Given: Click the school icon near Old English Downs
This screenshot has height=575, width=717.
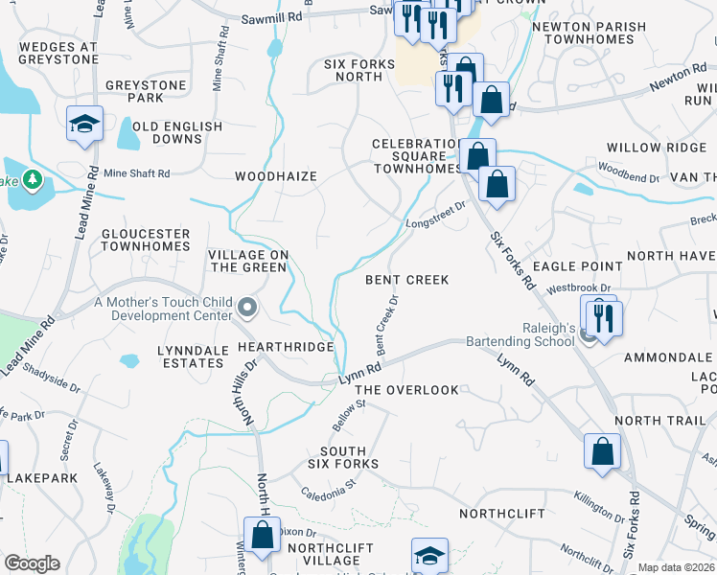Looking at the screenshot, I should point(85,124).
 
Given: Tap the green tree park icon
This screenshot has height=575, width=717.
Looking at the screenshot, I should point(32,179).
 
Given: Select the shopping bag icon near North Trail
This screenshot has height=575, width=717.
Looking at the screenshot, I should point(602,451).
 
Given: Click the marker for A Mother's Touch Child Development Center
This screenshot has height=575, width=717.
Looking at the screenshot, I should point(248,308).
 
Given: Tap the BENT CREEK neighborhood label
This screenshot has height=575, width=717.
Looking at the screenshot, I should point(407,280).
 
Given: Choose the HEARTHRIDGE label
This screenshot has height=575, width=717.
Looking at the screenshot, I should point(286,345).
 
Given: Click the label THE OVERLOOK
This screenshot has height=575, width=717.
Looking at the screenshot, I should point(407,390).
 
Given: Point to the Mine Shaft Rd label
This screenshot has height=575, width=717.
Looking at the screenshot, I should point(137,173).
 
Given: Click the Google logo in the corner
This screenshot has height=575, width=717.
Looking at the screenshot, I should point(32,563).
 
